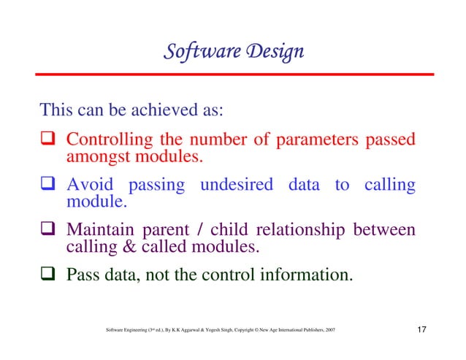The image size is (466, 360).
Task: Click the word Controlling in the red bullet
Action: click(108, 139)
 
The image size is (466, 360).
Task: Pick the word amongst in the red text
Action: click(93, 156)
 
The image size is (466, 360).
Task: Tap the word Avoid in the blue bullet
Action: click(90, 185)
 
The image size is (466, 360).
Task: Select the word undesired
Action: click(238, 185)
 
